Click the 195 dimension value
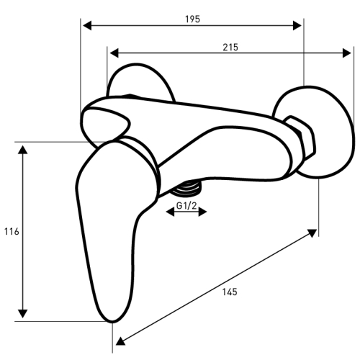click(x=192, y=19)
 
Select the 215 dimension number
click(x=230, y=48)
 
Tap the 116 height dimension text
click(x=12, y=232)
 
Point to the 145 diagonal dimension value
click(x=230, y=292)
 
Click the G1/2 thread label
click(x=186, y=206)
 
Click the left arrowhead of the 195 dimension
click(x=87, y=25)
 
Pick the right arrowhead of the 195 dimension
click(x=297, y=25)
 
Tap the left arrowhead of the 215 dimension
click(x=114, y=53)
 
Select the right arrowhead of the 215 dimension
click(x=347, y=53)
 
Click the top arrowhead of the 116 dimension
click(x=22, y=149)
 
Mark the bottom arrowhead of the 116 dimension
click(x=22, y=314)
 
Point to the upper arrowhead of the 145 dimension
click(x=312, y=233)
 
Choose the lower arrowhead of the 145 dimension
click(x=120, y=341)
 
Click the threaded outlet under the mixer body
click(x=186, y=189)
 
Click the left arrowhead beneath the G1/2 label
click(x=170, y=212)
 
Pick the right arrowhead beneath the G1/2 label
click(x=202, y=212)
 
